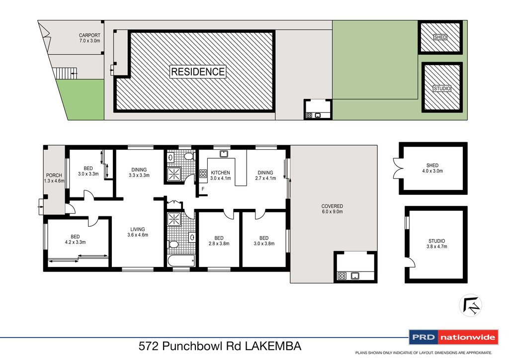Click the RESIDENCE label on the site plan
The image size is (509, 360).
click(x=198, y=72)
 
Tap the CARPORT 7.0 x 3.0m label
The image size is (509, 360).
click(x=89, y=38)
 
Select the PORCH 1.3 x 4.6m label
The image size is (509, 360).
click(x=54, y=178)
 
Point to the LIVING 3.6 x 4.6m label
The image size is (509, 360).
click(x=138, y=232)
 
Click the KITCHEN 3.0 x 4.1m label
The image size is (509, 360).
click(x=220, y=176)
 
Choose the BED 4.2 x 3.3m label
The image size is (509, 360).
click(x=75, y=240)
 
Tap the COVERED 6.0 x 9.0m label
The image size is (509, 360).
click(x=332, y=209)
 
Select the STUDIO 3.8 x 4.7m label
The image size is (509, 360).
click(x=436, y=243)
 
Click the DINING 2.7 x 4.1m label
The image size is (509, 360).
click(x=264, y=176)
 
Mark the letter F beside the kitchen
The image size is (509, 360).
click(x=203, y=189)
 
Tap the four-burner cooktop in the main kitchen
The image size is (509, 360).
click(x=203, y=174)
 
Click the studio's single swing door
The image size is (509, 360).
click(x=409, y=264)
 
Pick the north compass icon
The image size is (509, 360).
click(x=470, y=305)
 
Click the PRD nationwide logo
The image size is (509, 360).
click(x=452, y=338)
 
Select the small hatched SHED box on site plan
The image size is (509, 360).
click(x=440, y=37)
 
